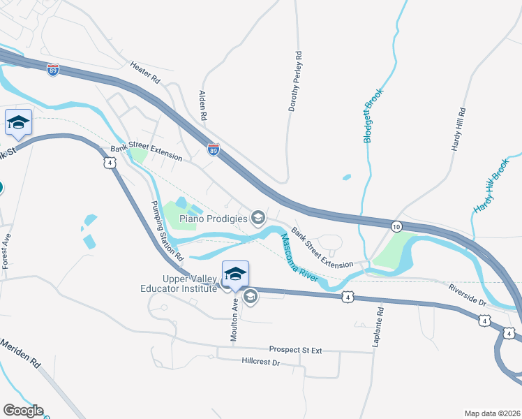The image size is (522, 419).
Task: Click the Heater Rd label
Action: pos(145,73)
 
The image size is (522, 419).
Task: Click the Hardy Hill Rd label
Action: pos(458,130)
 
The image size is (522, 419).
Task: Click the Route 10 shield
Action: pos(396,226)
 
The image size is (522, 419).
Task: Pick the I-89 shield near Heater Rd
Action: pos(54,70)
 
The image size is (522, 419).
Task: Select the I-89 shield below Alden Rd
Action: pos(214,149)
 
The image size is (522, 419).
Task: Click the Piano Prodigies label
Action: pos(214,219)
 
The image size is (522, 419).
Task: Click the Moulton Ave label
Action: pos(234,318)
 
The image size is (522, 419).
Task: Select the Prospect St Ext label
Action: pos(295,350)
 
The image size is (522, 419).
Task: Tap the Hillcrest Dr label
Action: pos(260,362)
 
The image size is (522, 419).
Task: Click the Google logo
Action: pos(23,411)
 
